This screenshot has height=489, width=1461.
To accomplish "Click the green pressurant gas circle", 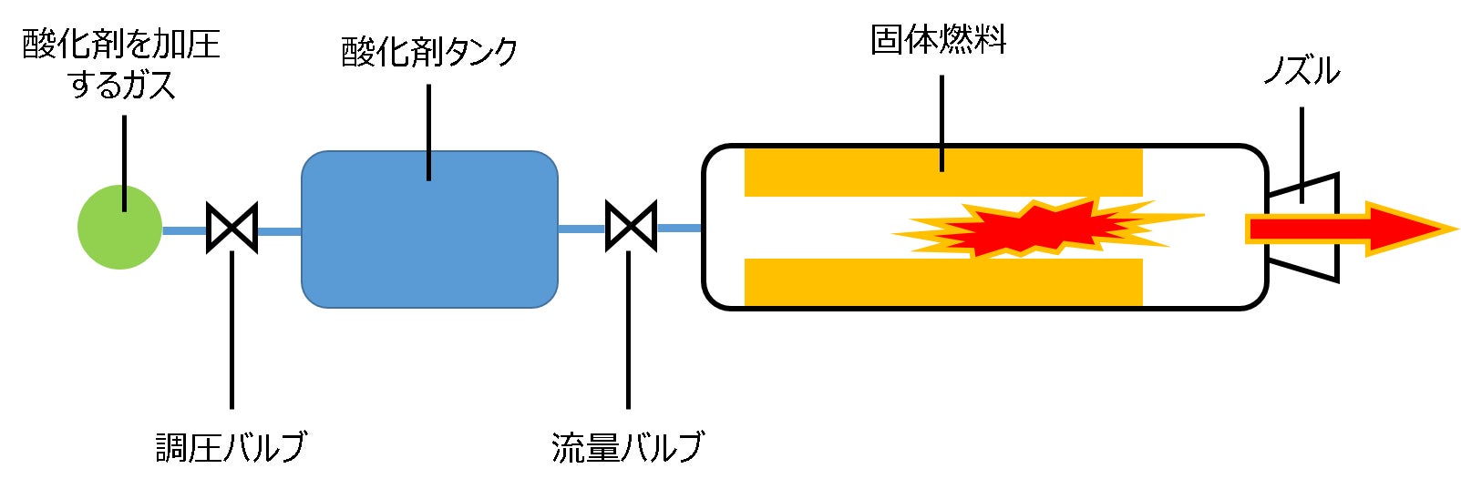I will pyautogui.click(x=119, y=228).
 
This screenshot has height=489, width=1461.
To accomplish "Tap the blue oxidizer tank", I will pyautogui.click(x=429, y=229).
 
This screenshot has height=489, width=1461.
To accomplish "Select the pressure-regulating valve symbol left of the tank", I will pyautogui.click(x=232, y=227).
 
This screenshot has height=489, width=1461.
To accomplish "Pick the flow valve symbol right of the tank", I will pyautogui.click(x=631, y=226).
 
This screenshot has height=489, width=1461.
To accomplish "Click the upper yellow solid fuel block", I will pyautogui.click(x=942, y=172).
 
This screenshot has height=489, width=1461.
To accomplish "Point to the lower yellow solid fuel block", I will pyautogui.click(x=942, y=281).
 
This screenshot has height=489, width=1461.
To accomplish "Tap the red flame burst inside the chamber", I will pyautogui.click(x=1030, y=228).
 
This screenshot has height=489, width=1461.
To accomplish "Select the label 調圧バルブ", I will pyautogui.click(x=231, y=447).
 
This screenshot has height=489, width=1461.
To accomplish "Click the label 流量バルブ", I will pyautogui.click(x=627, y=447).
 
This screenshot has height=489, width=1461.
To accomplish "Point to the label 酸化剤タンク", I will pyautogui.click(x=429, y=52).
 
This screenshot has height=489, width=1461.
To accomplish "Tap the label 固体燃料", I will pyautogui.click(x=939, y=40).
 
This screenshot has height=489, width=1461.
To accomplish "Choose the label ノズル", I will pyautogui.click(x=1302, y=71).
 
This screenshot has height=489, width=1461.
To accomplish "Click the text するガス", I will pyautogui.click(x=121, y=86).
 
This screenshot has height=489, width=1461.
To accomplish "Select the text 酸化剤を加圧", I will pyautogui.click(x=121, y=44).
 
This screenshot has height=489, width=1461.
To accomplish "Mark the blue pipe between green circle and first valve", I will pyautogui.click(x=184, y=230).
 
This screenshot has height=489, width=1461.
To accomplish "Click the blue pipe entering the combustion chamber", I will pyautogui.click(x=679, y=228).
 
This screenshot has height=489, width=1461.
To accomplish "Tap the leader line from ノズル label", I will pyautogui.click(x=1302, y=146).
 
